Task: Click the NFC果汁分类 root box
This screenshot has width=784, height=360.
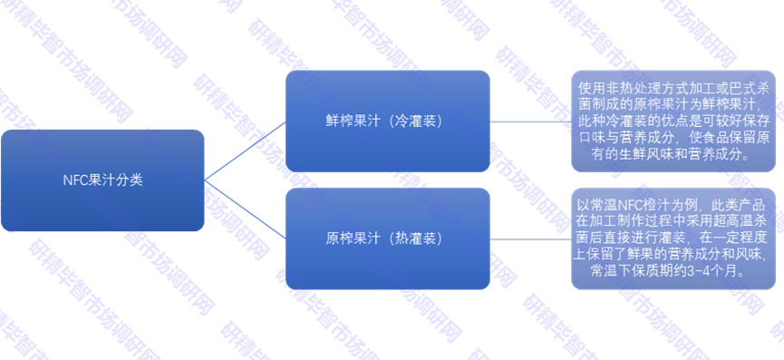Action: pyautogui.click(x=102, y=180)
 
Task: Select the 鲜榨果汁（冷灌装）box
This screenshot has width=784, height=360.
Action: pyautogui.click(x=388, y=121)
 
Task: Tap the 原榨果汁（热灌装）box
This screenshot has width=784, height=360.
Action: pyautogui.click(x=388, y=239)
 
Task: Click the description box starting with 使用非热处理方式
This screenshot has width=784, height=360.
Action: pyautogui.click(x=673, y=121)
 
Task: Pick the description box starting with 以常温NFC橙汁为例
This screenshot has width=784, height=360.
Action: pyautogui.click(x=673, y=238)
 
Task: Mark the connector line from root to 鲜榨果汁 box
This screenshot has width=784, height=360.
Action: pyautogui.click(x=245, y=151)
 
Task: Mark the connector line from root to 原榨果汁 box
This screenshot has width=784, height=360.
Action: pyautogui.click(x=245, y=209)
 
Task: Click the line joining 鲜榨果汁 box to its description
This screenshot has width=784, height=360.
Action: pyautogui.click(x=530, y=121)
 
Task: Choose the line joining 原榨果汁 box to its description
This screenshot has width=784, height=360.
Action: pyautogui.click(x=530, y=239)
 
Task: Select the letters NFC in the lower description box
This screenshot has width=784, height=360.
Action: pyautogui.click(x=645, y=205)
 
